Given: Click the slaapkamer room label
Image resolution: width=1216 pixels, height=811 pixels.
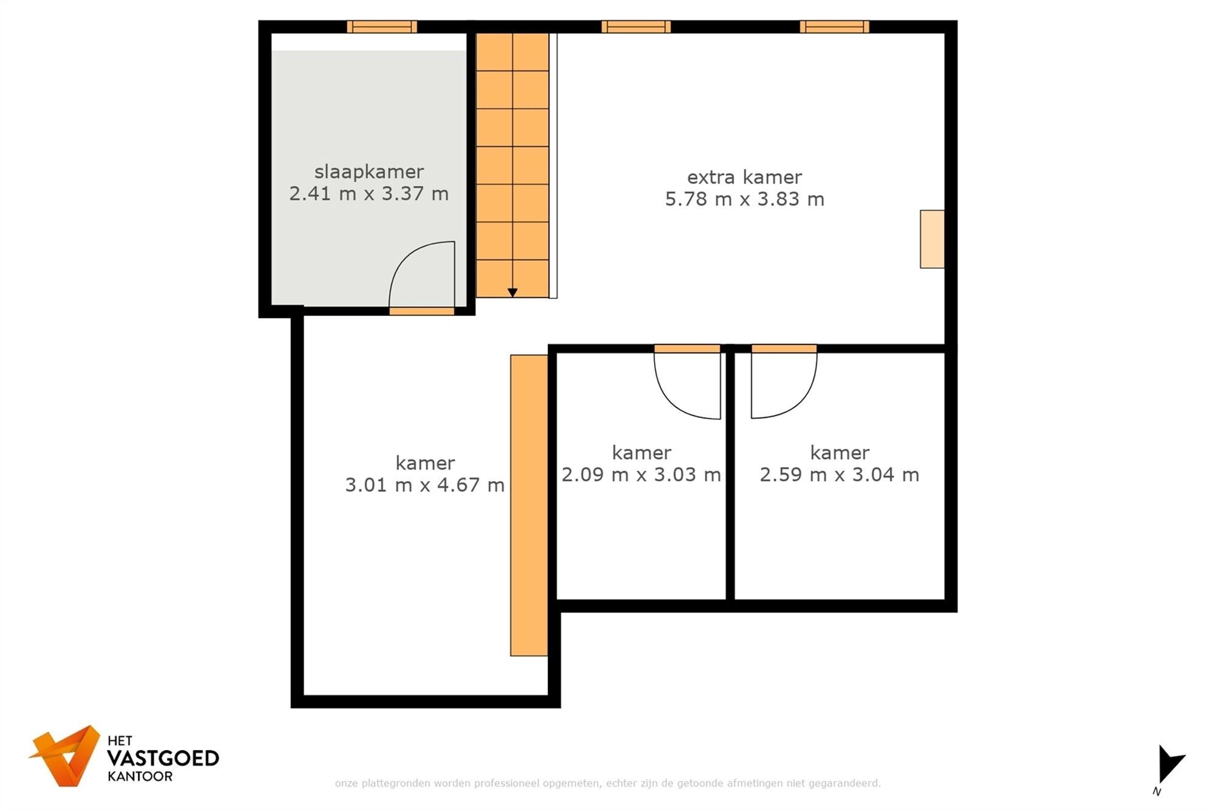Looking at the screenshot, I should pos(368,172).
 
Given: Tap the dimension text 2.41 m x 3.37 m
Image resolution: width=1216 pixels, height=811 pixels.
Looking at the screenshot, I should pos(368,193).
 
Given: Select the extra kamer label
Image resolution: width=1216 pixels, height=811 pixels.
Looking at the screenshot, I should pos(744,177).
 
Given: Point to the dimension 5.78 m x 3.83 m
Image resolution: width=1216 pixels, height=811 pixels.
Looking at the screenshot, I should pos(744,199).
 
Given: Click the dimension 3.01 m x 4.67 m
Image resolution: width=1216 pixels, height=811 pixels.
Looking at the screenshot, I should pos(424,485).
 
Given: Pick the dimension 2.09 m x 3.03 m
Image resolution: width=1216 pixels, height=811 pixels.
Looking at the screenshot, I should pos(641,475).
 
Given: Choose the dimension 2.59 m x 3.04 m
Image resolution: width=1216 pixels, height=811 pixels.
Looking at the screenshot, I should pos(839,475).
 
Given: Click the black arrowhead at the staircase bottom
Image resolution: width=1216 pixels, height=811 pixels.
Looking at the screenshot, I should pos(513,293).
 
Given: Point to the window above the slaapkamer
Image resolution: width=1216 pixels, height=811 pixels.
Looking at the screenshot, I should pos(382,27).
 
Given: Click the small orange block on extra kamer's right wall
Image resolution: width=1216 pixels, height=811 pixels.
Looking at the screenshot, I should pos(931,239).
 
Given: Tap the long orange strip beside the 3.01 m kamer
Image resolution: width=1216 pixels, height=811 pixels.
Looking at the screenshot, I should pos(528,505).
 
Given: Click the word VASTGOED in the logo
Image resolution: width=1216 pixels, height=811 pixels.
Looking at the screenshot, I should pos(162,758).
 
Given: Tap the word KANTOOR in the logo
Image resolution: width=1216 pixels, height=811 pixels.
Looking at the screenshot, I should pos(140,776).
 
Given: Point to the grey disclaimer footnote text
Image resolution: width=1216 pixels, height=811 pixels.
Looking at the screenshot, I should pos(607,783).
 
